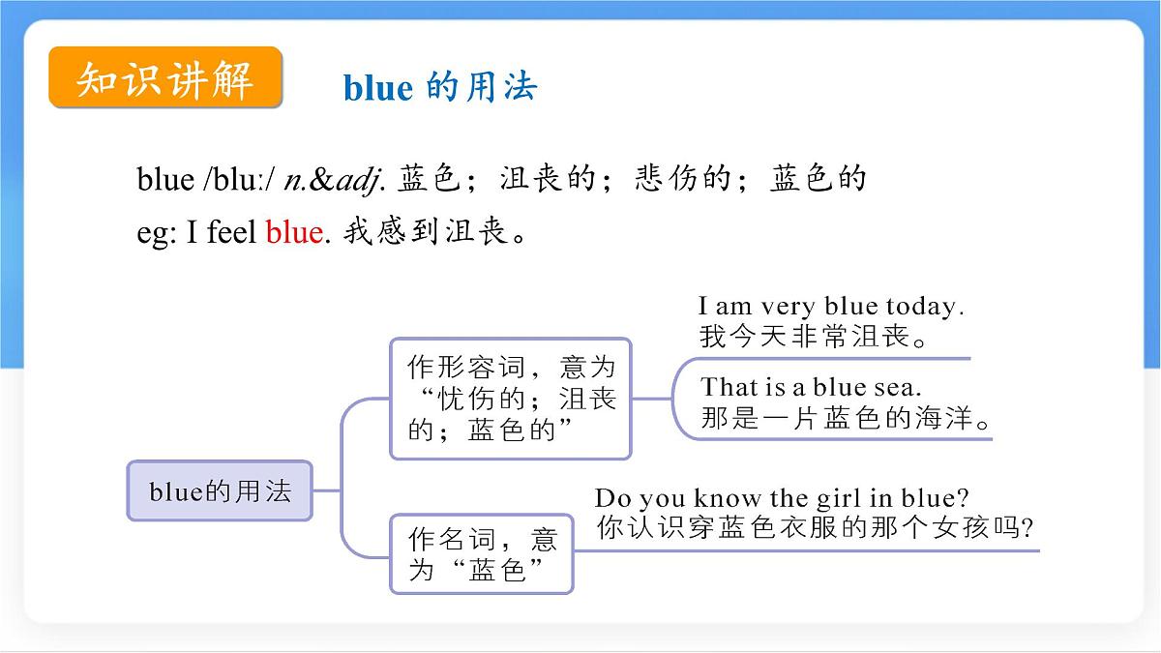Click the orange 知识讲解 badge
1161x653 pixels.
[165, 78]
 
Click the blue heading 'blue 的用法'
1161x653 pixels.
[440, 88]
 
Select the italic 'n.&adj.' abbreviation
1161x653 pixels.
[336, 179]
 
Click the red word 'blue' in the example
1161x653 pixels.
[293, 232]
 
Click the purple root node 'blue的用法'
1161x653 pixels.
[220, 491]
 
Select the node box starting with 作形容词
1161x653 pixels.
[510, 398]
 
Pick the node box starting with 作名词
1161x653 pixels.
[481, 553]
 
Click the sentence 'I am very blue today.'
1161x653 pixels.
[831, 308]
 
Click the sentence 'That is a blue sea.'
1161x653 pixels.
[811, 387]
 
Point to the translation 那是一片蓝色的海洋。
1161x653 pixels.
[848, 421]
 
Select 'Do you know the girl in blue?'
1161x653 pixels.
[782, 498]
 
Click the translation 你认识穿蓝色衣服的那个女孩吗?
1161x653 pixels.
[816, 529]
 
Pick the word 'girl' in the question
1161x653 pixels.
[861, 498]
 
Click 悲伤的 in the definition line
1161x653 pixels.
[681, 179]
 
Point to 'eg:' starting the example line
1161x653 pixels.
[156, 233]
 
